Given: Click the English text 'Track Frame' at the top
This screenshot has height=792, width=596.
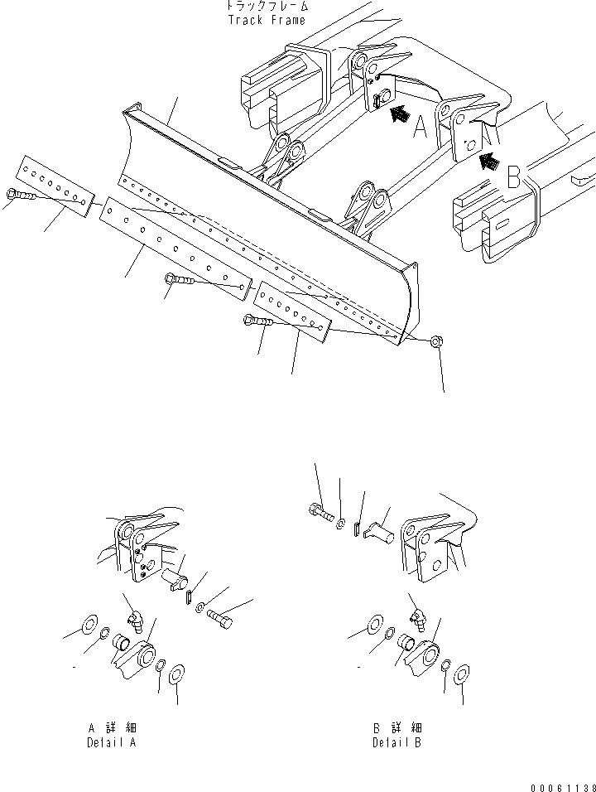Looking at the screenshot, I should tap(266, 20).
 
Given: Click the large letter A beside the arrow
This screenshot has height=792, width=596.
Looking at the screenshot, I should tap(421, 127).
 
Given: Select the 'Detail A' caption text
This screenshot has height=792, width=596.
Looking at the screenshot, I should tap(112, 743).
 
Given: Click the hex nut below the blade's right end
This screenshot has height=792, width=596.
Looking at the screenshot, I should tap(435, 340).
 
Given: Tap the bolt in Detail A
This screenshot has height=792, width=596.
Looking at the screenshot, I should tap(220, 617).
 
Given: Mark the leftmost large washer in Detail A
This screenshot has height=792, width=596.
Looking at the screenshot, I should tap(89, 622).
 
